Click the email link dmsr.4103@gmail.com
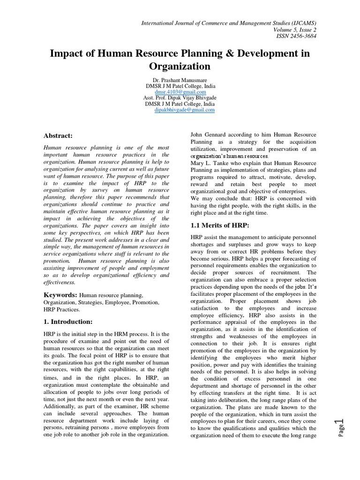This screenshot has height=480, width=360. (x=180, y=92)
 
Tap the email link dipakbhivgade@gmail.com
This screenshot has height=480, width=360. (x=184, y=110)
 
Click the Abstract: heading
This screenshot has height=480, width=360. (x=58, y=135)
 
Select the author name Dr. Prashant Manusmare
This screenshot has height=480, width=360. (x=180, y=81)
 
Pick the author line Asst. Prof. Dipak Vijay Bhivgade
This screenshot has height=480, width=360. (x=180, y=98)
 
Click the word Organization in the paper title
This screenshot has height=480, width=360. (x=180, y=67)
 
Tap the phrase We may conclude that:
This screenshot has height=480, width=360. (x=217, y=199)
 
